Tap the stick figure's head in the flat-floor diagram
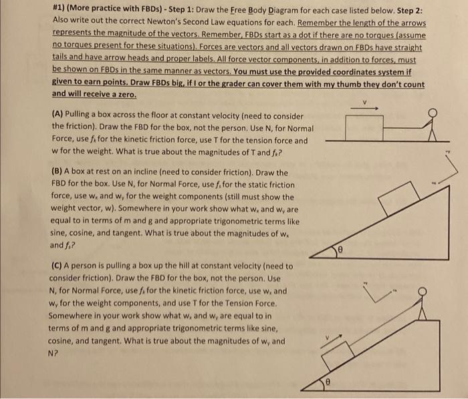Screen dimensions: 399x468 (x=433, y=113)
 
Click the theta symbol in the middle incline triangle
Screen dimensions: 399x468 (x=339, y=249)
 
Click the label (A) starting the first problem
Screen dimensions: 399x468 (x=57, y=116)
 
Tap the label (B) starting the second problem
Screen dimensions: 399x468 (x=57, y=171)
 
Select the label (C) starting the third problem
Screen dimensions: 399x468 (x=57, y=265)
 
